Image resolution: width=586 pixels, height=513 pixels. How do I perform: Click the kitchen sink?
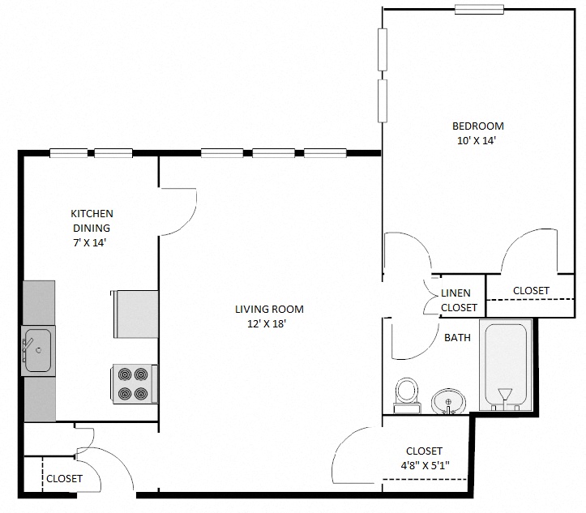click(37, 350)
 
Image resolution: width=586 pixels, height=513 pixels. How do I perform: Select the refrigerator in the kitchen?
click(137, 314)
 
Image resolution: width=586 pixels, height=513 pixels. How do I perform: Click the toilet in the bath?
click(405, 391)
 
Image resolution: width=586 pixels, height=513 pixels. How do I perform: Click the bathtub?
click(505, 365)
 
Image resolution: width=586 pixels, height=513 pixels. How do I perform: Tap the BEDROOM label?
click(477, 126)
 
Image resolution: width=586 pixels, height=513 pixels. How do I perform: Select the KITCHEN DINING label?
click(92, 220)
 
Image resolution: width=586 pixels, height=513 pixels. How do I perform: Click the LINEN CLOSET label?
click(459, 301)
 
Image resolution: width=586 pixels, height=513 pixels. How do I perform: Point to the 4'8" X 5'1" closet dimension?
click(424, 465)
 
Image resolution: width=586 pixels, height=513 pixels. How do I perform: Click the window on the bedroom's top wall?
click(480, 9)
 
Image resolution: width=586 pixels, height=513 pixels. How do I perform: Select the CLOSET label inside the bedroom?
click(531, 290)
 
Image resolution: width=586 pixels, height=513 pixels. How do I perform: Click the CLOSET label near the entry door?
click(64, 478)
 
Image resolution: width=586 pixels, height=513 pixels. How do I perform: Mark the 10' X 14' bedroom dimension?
click(476, 140)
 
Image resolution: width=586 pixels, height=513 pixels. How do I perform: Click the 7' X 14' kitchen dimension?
click(92, 242)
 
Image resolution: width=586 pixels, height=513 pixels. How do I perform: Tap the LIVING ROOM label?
click(269, 309)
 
